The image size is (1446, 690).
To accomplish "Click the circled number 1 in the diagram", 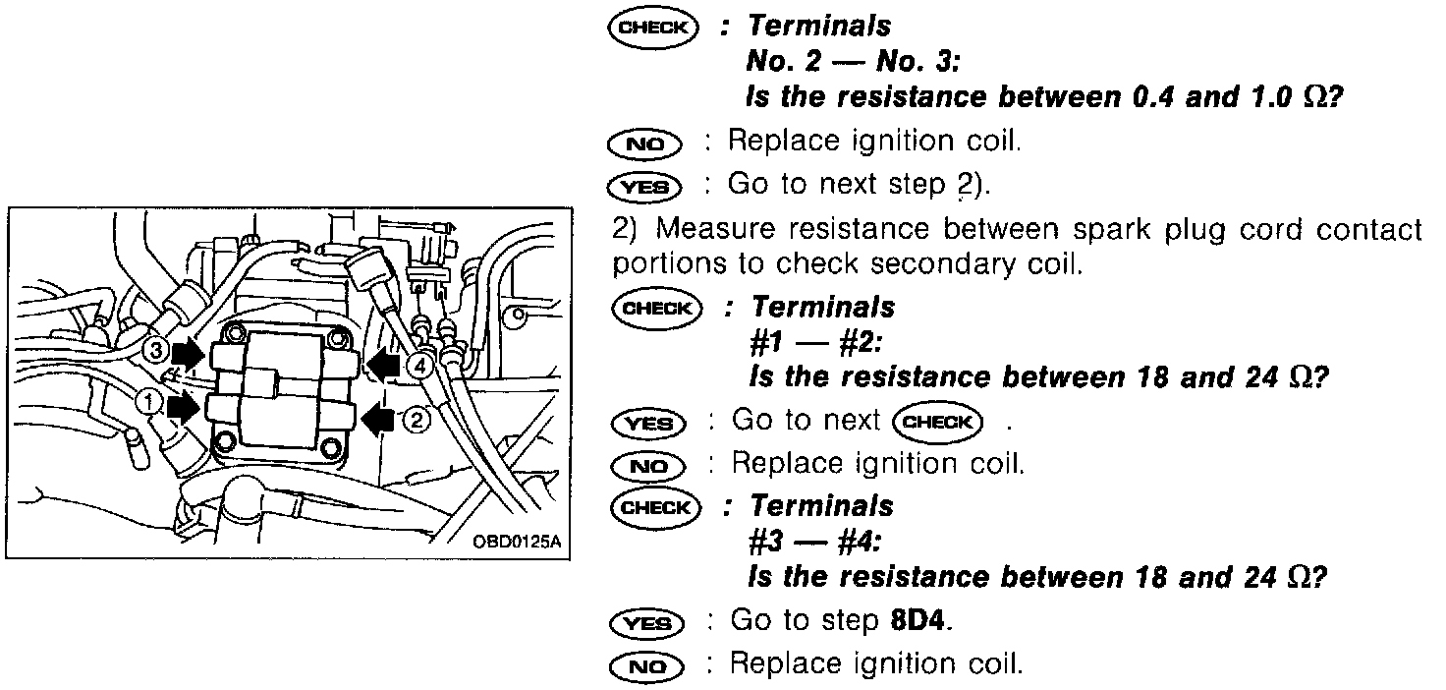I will click(147, 401).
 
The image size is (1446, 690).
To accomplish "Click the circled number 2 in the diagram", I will click(417, 420).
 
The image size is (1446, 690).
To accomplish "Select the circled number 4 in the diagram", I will click(420, 366).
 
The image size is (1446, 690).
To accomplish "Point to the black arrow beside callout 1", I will click(184, 405).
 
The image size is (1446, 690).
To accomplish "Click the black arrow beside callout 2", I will click(380, 420).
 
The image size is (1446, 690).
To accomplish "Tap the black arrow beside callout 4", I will click(385, 367).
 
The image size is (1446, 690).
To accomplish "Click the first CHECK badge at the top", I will click(652, 28).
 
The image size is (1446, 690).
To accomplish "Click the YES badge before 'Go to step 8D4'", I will click(645, 622).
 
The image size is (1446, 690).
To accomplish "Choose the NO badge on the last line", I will click(645, 665).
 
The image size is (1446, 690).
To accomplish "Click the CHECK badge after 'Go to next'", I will click(937, 422).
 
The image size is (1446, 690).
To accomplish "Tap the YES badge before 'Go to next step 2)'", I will click(645, 186).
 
